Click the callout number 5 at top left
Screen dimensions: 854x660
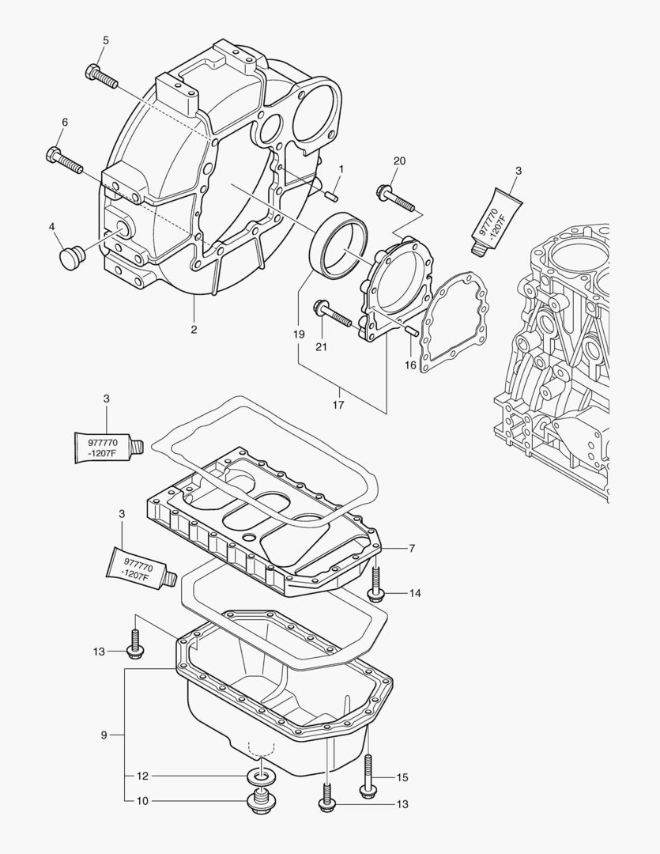click(106, 40)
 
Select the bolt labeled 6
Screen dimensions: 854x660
click(65, 161)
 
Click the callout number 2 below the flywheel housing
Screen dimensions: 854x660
click(194, 329)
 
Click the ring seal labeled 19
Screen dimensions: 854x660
click(339, 247)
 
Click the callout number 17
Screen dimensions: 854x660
click(338, 405)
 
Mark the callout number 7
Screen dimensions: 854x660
click(412, 547)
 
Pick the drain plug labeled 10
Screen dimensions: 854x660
click(258, 801)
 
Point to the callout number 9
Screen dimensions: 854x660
click(104, 735)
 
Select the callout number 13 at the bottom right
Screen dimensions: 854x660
click(402, 804)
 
